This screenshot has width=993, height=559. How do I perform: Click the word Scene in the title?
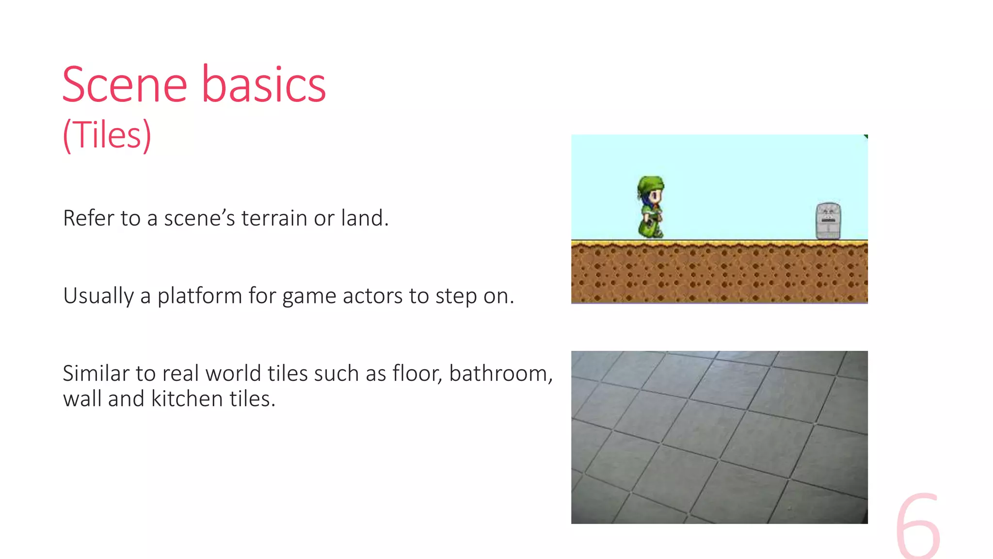pos(125,85)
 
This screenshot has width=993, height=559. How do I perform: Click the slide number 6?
pos(917,526)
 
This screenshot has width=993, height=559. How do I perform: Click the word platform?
pos(199,296)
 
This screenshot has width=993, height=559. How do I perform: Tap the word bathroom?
pos(500,374)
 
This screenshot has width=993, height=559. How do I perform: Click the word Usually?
pos(98,296)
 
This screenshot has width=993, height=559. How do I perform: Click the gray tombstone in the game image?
pos(828,221)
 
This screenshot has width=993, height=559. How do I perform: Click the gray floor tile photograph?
pos(719,437)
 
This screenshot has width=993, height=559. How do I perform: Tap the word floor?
pos(416,374)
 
